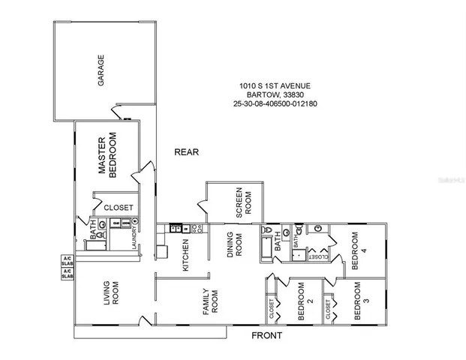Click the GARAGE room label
click(x=100, y=70)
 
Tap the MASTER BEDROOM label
click(x=108, y=154)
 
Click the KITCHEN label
click(x=185, y=255)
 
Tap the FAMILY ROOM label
click(x=209, y=301)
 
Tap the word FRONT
click(x=266, y=335)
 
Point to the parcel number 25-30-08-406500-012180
click(x=275, y=104)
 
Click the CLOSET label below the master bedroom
click(x=119, y=207)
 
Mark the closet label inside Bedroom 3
click(x=328, y=307)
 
